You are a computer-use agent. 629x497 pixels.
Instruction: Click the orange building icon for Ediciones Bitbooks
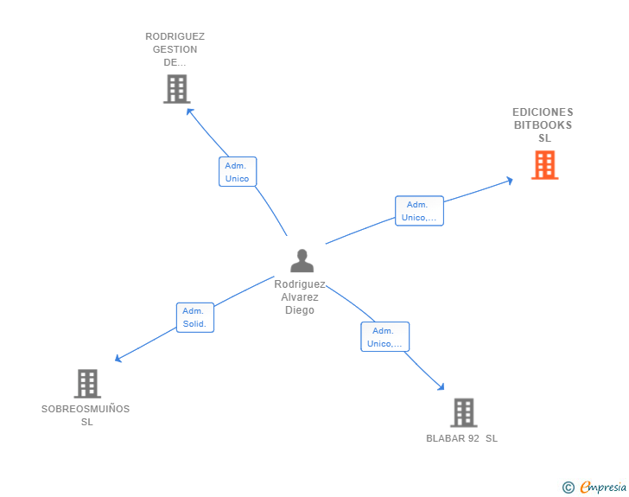[544, 164]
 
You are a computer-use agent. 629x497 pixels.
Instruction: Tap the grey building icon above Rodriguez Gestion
[176, 88]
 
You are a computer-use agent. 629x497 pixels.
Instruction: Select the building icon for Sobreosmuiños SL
[87, 383]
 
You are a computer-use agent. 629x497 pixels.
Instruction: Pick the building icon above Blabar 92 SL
[463, 412]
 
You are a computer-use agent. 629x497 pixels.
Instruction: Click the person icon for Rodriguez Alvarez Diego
[302, 260]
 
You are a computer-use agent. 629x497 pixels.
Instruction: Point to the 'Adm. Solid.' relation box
[194, 317]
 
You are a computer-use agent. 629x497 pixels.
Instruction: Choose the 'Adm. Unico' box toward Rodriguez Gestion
[237, 172]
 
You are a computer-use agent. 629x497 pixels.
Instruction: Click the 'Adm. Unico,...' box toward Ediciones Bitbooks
[419, 211]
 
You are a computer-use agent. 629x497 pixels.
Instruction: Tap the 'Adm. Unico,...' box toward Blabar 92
[384, 337]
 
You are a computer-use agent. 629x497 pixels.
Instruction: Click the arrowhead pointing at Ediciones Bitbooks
[511, 180]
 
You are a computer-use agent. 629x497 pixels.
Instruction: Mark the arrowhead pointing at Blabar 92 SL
[442, 387]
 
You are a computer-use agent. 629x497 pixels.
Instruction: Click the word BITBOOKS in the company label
[543, 125]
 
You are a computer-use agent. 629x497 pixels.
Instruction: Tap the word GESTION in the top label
[175, 49]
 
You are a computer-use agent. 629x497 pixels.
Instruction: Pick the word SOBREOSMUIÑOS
[86, 409]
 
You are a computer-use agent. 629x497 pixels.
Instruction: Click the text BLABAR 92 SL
[461, 438]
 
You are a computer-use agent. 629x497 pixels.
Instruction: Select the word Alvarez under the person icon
[300, 296]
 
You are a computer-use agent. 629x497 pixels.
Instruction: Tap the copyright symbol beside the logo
[568, 487]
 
